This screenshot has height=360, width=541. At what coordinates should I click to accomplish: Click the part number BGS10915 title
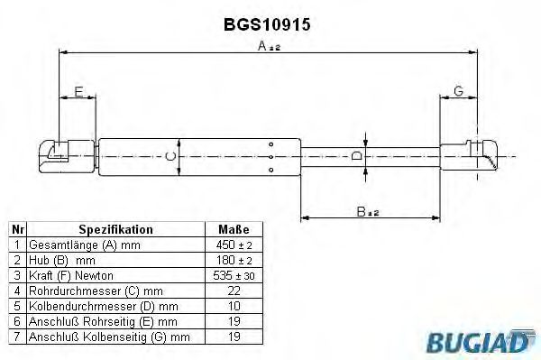[x=267, y=25]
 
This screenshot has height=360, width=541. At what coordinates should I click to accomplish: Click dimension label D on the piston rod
[x=356, y=156]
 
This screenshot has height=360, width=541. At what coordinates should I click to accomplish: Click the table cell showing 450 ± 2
[x=228, y=245]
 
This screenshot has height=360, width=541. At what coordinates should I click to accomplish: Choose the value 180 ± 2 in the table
[x=228, y=261]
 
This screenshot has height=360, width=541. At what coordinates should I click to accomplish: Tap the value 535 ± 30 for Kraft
[x=228, y=276]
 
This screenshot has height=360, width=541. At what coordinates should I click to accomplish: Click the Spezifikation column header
[x=115, y=229]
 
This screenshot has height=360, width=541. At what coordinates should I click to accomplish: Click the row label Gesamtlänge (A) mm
[x=86, y=245]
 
